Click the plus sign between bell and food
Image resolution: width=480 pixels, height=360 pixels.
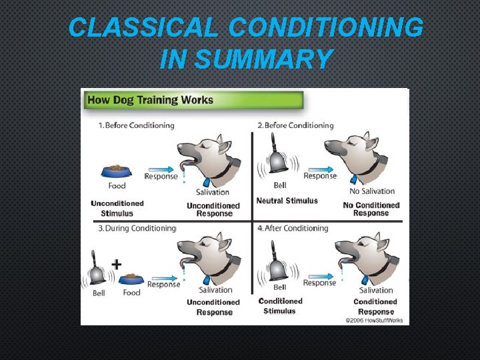(x=117, y=264)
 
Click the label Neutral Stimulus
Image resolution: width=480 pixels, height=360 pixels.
(x=287, y=201)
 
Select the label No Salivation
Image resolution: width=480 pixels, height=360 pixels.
(x=373, y=191)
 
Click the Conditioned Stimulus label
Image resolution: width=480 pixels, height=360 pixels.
(x=280, y=306)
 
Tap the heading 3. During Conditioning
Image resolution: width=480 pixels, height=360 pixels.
(x=137, y=228)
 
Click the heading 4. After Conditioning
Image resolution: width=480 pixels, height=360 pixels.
(x=293, y=228)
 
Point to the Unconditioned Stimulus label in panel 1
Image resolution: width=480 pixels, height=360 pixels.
(x=117, y=208)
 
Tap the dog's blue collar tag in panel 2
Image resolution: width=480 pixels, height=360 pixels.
(x=355, y=179)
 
